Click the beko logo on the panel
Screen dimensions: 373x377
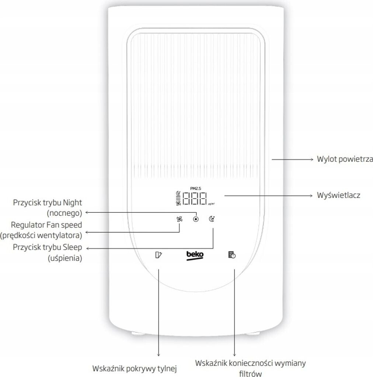pyautogui.click(x=195, y=255)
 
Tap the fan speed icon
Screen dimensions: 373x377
pyautogui.click(x=179, y=219)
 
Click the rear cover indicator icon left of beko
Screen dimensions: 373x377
pyautogui.click(x=159, y=255)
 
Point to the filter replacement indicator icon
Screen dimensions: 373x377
pyautogui.click(x=231, y=255)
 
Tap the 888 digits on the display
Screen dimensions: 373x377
pyautogui.click(x=195, y=199)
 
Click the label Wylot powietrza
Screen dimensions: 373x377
pyautogui.click(x=345, y=159)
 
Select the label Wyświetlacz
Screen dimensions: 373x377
pyautogui.click(x=338, y=195)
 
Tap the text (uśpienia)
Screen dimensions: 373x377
pyautogui.click(x=65, y=258)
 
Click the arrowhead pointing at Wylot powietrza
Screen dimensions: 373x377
pyautogui.click(x=310, y=159)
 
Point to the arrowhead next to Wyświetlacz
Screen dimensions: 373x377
pyautogui.click(x=310, y=195)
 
